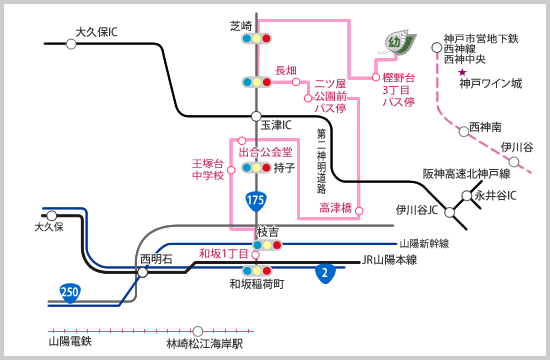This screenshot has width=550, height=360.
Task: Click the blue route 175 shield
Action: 256,202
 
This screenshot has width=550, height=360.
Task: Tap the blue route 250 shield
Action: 70,291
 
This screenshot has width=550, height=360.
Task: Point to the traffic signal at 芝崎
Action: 257,39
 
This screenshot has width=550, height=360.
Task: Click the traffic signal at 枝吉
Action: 268,244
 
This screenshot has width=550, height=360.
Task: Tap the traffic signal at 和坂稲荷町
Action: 257,270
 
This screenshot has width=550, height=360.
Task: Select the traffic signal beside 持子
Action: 257,167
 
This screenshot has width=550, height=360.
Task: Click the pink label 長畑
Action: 286,70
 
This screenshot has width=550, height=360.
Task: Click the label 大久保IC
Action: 97,32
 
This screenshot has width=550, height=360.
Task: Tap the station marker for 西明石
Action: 144,272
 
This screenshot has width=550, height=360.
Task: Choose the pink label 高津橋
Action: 335,208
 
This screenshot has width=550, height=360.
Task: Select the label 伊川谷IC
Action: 416,210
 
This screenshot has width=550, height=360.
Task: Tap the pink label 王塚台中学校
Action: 208,168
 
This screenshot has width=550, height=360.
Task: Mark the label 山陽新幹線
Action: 424,243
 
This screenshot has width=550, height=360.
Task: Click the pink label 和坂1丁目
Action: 223,253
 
